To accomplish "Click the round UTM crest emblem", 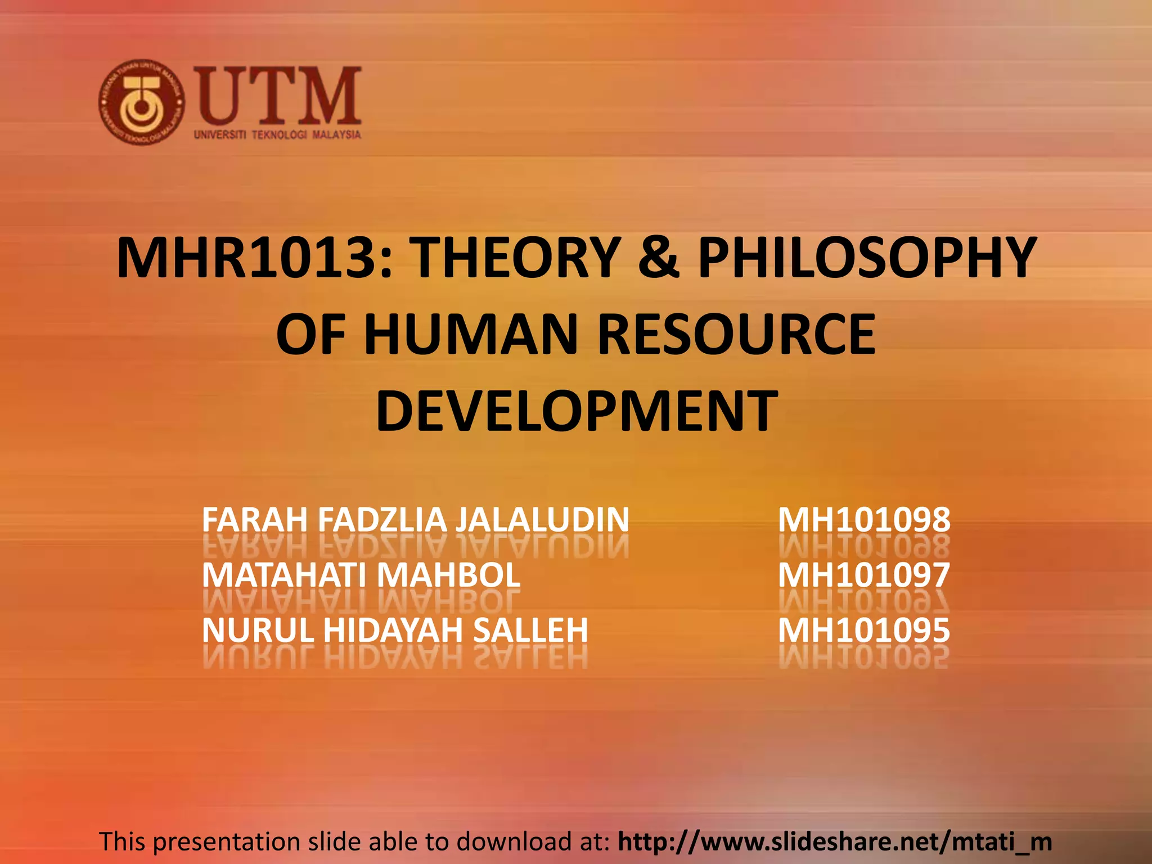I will (141, 102).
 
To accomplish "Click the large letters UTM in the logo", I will (277, 96).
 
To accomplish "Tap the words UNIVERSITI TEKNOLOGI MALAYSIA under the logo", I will (277, 135).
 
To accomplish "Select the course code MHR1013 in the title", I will (246, 258).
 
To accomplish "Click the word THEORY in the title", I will (515, 258).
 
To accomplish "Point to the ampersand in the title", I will (659, 258).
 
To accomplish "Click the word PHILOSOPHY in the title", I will (866, 258).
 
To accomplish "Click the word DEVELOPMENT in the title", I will (577, 412).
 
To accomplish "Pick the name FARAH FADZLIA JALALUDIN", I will (415, 520).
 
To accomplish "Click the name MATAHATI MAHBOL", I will (361, 575).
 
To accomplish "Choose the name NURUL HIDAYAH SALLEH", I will (395, 630).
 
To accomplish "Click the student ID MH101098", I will (864, 520).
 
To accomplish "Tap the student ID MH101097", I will (864, 575).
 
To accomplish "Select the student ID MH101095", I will (864, 630).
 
